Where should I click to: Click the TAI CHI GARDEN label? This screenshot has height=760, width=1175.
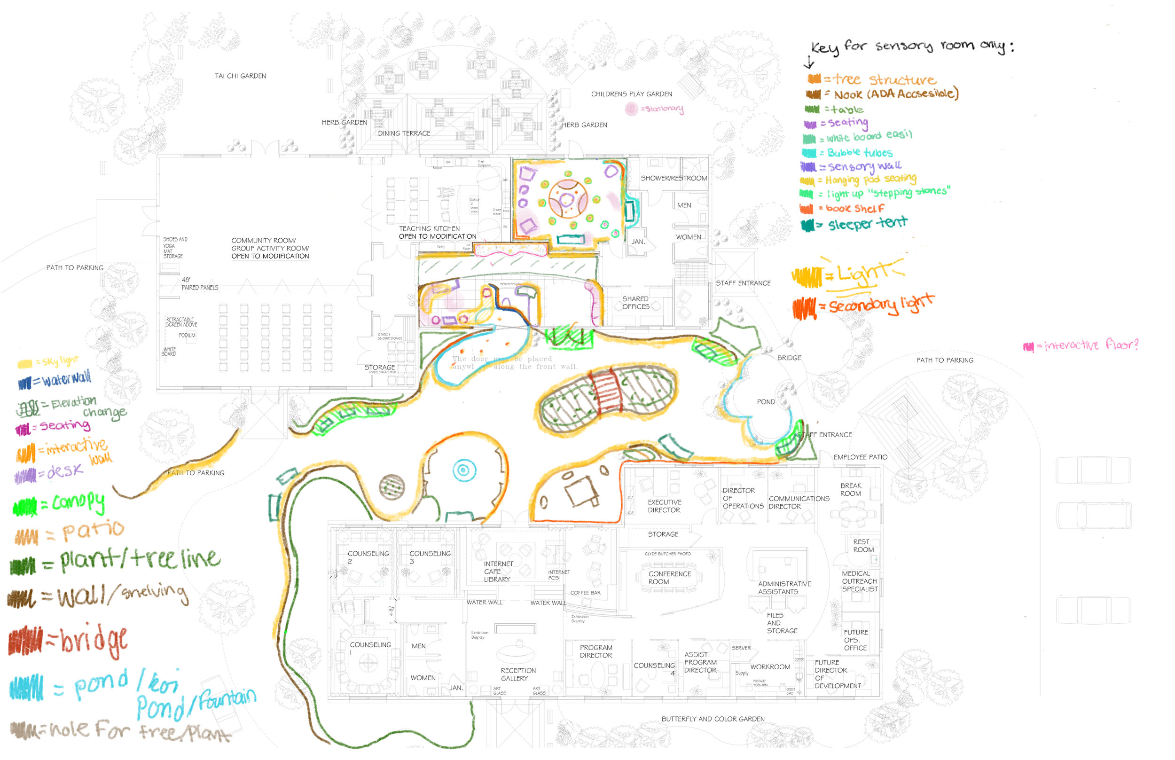point(240,76)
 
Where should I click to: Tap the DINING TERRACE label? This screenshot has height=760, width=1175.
point(404,133)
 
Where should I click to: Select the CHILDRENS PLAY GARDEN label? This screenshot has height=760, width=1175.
point(632,94)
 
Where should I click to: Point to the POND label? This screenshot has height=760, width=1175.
point(766,402)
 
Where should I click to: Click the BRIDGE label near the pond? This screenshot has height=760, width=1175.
point(789,358)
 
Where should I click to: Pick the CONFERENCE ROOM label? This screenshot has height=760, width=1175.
point(669,578)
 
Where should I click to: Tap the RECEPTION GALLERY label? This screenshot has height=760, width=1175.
point(517,674)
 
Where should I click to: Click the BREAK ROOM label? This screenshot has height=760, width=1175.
point(851,490)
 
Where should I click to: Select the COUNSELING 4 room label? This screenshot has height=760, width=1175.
point(654,669)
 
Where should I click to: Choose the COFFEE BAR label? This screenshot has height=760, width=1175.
point(585,593)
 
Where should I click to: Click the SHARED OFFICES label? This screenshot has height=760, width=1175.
point(635,303)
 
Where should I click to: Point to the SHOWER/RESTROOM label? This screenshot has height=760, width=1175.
point(674,178)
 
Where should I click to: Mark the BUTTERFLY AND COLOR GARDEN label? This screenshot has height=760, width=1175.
point(713,719)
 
